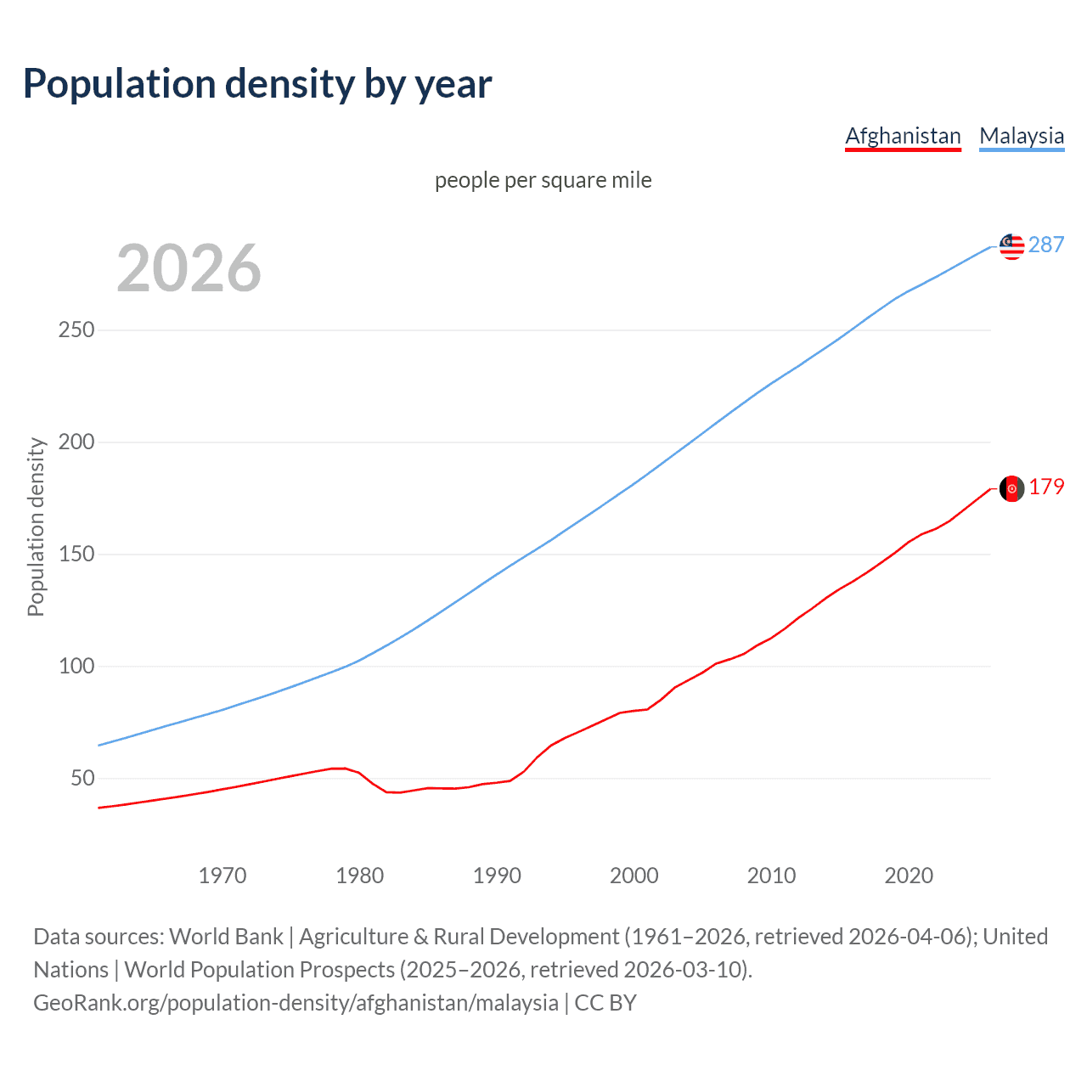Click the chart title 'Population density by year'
[257, 84]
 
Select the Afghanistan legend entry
[903, 136]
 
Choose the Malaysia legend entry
[1022, 136]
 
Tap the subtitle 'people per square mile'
[543, 180]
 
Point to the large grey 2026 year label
[189, 268]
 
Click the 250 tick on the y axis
[76, 329]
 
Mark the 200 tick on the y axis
[76, 442]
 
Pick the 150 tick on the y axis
[76, 554]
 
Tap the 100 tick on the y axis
[76, 666]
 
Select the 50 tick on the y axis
[82, 778]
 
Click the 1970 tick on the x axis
[222, 876]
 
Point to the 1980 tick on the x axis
[360, 876]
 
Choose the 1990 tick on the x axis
[497, 876]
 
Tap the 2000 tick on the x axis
[634, 876]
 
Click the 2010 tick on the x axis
[771, 876]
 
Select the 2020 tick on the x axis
[909, 876]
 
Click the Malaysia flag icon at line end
[1011, 246]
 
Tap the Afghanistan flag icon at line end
[1011, 488]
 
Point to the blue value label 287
[1046, 245]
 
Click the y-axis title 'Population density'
[36, 527]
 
